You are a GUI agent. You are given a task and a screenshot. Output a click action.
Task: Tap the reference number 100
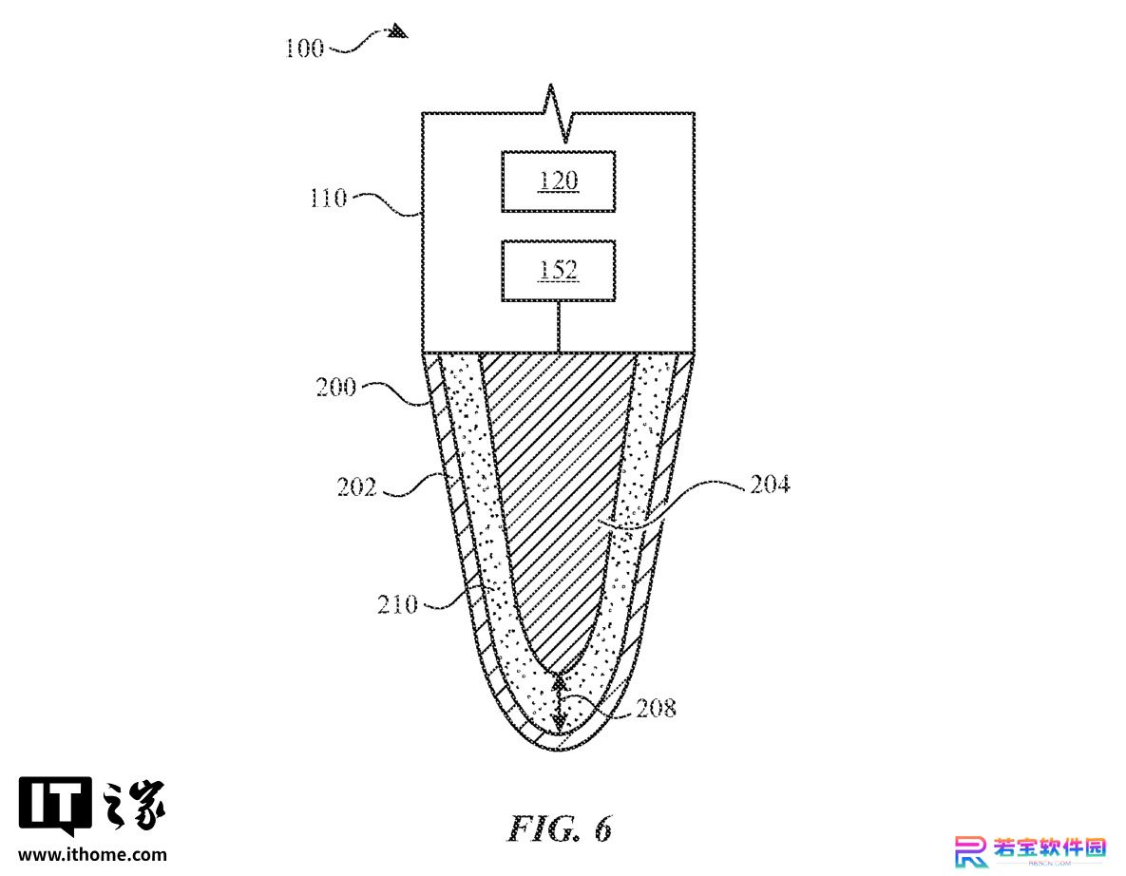pyautogui.click(x=304, y=48)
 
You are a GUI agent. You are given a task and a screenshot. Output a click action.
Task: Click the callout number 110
pyautogui.click(x=328, y=198)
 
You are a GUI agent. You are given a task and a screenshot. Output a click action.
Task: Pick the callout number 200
pyautogui.click(x=336, y=388)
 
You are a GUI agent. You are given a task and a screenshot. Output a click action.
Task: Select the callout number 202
pyautogui.click(x=357, y=487)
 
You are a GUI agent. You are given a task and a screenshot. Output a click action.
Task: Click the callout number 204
pyautogui.click(x=770, y=485)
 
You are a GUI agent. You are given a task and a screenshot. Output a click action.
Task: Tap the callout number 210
pyautogui.click(x=398, y=604)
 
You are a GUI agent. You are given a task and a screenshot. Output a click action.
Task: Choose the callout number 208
pyautogui.click(x=657, y=709)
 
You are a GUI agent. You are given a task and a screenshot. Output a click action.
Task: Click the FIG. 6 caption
pyautogui.click(x=560, y=828)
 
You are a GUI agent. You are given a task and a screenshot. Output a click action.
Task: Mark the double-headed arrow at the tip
pyautogui.click(x=560, y=703)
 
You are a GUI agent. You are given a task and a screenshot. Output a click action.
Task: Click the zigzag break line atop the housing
pyautogui.click(x=558, y=113)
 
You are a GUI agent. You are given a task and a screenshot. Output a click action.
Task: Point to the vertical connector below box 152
pyautogui.click(x=558, y=327)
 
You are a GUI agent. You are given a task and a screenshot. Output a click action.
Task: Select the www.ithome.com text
pyautogui.click(x=92, y=854)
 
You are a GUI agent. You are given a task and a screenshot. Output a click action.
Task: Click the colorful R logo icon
pyautogui.click(x=971, y=851)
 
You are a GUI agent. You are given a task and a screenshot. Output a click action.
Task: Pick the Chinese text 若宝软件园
pyautogui.click(x=1049, y=847)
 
